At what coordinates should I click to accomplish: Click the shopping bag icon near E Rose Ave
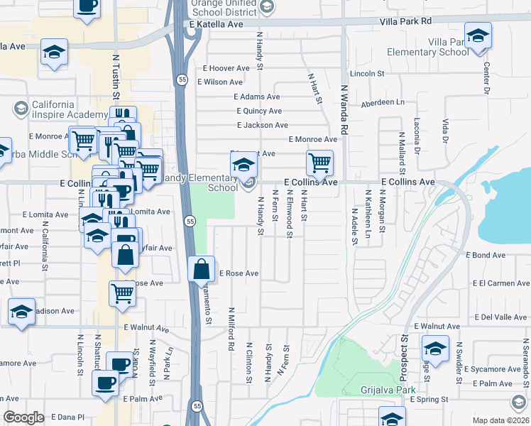pos(202,269)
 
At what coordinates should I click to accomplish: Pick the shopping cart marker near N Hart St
pos(319,163)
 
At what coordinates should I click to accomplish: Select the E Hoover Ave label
pos(226,68)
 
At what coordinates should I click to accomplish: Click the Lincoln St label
pos(367,73)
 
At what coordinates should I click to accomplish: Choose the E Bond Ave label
pos(486,255)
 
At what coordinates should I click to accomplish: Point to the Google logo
pos(23,417)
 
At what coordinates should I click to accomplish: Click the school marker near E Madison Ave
pos(21,311)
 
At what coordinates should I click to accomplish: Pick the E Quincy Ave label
pos(259,111)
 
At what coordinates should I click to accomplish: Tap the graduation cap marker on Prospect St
pos(435,349)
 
